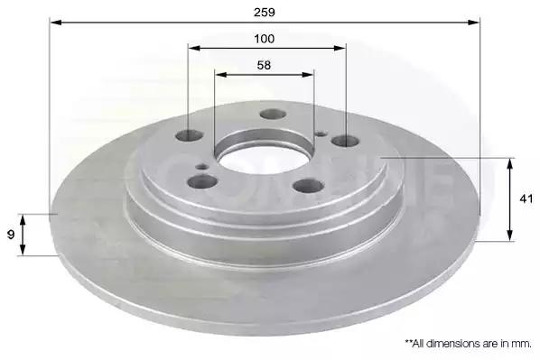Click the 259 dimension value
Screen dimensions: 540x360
click(265, 13)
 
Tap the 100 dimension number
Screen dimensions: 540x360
click(265, 39)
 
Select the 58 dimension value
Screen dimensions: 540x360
click(264, 65)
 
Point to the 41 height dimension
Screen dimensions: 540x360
click(526, 198)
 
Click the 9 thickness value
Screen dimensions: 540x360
click(11, 235)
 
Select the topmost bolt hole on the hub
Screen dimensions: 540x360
click(273, 115)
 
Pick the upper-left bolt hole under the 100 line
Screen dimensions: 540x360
click(189, 135)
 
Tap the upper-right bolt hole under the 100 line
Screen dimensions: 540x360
click(346, 141)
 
